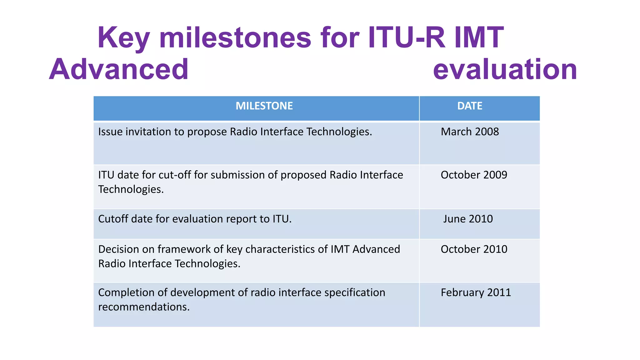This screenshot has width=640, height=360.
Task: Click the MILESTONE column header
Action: pos(264,106)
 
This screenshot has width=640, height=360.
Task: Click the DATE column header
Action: pos(470,106)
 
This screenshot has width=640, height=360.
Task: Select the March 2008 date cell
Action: pos(470,132)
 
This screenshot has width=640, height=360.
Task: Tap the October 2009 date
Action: pos(474,175)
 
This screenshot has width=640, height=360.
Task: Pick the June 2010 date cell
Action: pos(468,219)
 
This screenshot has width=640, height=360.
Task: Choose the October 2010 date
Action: pos(474,249)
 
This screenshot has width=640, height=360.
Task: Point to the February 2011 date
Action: pos(476,292)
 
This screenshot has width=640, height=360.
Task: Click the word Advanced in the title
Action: pos(119,69)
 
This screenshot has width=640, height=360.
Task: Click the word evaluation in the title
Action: pos(505,69)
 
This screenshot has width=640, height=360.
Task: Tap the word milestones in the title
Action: pos(235,37)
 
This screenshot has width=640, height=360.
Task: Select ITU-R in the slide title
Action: pos(406,37)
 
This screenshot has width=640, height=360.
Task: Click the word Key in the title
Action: pos(123,38)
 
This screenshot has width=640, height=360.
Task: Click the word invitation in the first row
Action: pos(148,132)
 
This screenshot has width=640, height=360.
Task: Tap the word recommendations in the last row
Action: pos(144,307)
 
